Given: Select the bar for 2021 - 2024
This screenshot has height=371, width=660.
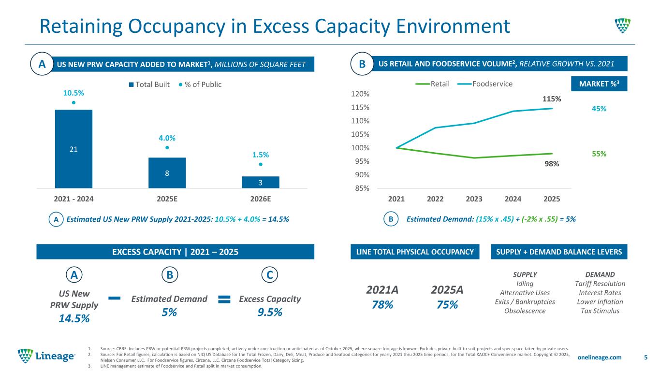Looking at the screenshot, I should pyautogui.click(x=73, y=149).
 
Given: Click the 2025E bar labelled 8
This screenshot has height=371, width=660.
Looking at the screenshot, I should pyautogui.click(x=167, y=172).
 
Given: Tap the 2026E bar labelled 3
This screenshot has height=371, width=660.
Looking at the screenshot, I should pyautogui.click(x=261, y=182).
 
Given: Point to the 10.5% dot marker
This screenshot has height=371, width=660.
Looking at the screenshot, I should pyautogui.click(x=73, y=102).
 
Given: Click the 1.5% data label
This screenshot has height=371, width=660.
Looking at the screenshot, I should pyautogui.click(x=260, y=155).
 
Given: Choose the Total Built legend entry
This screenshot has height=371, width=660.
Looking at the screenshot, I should pyautogui.click(x=150, y=85).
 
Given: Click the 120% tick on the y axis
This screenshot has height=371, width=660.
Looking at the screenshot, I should pyautogui.click(x=361, y=94).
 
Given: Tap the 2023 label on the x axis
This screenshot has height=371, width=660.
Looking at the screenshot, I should pyautogui.click(x=474, y=199).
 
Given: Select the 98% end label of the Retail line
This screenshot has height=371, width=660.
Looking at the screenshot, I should pyautogui.click(x=552, y=164).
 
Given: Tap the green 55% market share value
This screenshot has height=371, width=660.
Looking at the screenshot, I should pyautogui.click(x=599, y=154).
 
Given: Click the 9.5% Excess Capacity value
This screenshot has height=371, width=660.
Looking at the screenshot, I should pyautogui.click(x=270, y=312).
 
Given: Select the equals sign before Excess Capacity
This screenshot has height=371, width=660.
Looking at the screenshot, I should pyautogui.click(x=223, y=300).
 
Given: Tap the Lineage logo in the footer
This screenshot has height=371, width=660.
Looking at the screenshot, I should pyautogui.click(x=46, y=357).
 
